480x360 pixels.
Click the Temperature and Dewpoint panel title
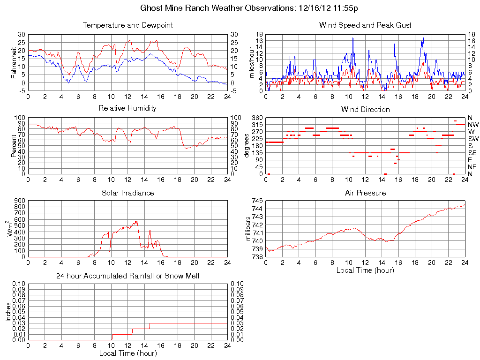click(x=127, y=25)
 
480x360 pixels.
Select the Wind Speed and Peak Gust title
click(x=365, y=25)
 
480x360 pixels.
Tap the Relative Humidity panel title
click(x=127, y=108)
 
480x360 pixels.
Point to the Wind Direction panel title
click(x=365, y=109)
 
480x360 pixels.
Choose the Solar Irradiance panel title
click(x=127, y=193)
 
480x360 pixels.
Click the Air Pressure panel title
click(x=365, y=193)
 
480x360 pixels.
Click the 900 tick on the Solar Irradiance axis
click(x=19, y=201)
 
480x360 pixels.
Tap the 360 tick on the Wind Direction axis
click(x=257, y=118)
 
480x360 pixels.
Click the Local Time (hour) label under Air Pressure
click(x=365, y=270)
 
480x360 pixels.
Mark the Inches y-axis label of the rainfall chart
click(x=8, y=311)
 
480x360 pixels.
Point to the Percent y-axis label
click(x=14, y=145)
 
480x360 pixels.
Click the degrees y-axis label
click(x=247, y=145)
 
